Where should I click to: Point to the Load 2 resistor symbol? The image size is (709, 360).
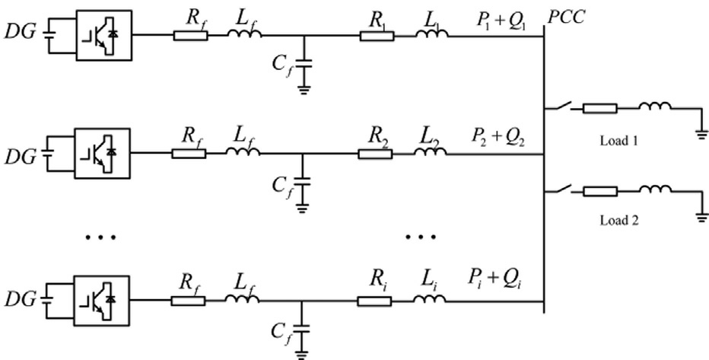[x=600, y=191]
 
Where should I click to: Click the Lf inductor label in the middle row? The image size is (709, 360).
[x=241, y=137]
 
